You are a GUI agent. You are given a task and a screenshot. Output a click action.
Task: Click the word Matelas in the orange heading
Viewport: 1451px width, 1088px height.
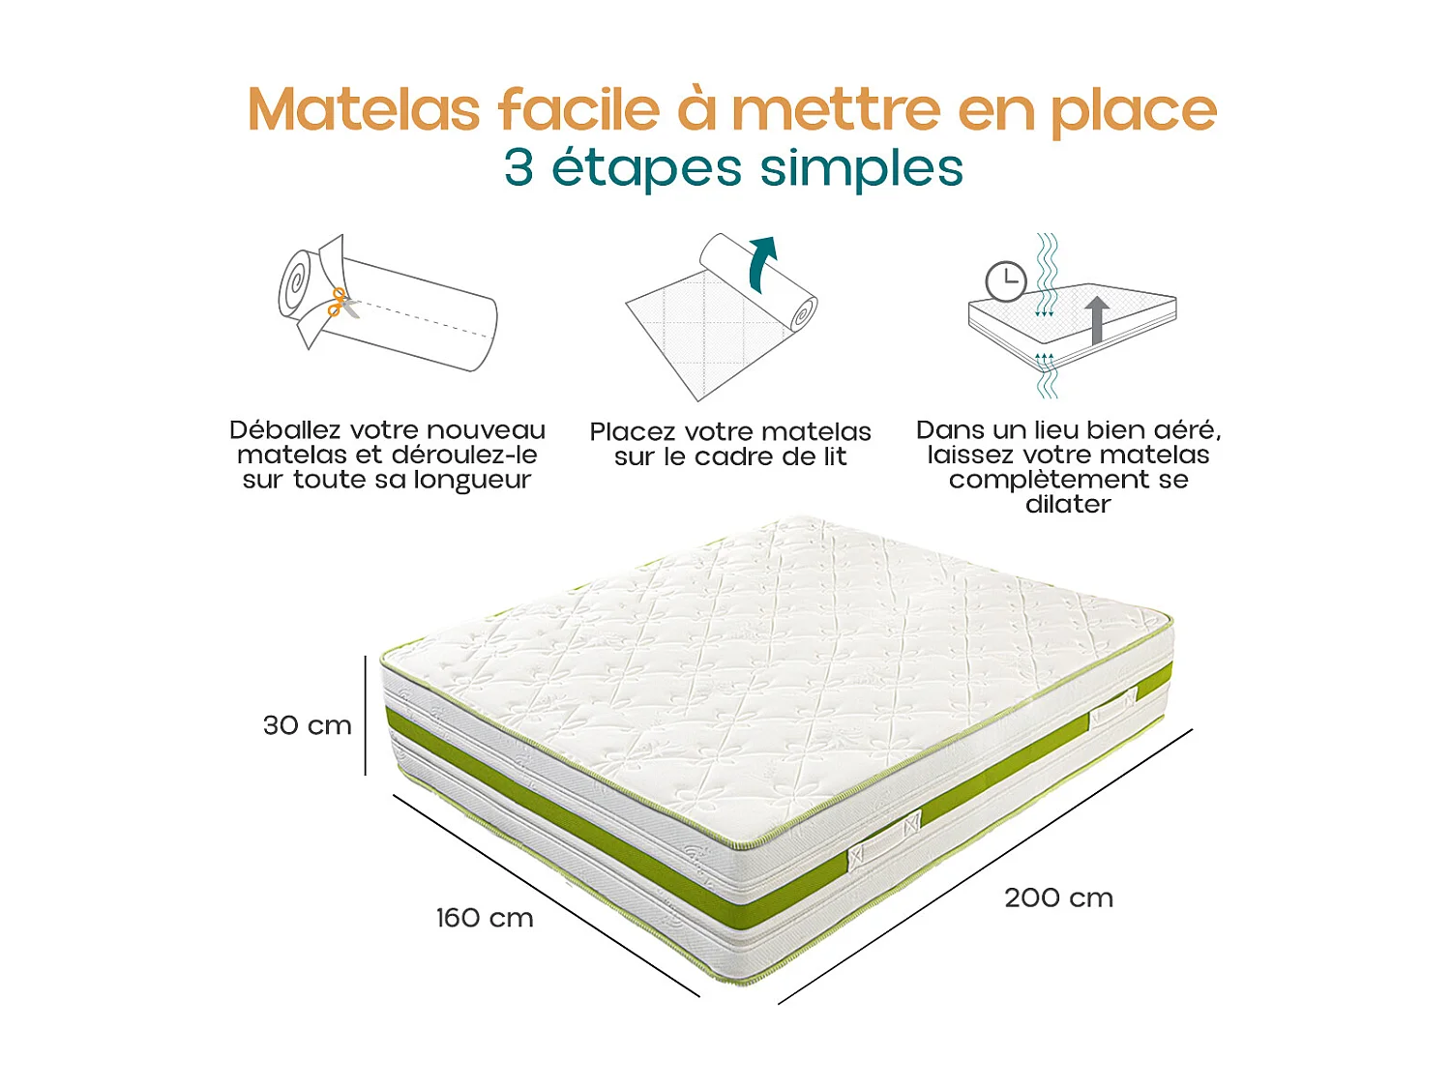pos(364,109)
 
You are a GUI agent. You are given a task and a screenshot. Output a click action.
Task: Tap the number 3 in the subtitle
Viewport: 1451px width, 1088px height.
pos(518,168)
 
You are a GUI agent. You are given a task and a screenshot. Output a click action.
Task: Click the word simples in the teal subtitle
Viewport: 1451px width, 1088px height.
pos(861,170)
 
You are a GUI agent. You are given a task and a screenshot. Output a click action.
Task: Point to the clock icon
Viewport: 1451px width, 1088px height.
pos(1006,281)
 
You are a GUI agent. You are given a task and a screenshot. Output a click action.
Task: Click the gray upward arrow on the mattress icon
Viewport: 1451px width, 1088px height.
pos(1096,320)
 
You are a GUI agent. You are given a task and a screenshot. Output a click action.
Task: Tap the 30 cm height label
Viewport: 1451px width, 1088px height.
pos(307,725)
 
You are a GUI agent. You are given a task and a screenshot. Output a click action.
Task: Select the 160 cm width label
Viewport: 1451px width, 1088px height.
pos(484,918)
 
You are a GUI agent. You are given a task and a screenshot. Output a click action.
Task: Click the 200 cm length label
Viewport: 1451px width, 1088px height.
pos(1058,897)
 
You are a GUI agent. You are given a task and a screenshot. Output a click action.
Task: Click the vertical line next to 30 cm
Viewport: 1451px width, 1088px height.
pos(366,716)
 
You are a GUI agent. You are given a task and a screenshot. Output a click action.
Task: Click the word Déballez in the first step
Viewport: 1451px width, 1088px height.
pos(284,430)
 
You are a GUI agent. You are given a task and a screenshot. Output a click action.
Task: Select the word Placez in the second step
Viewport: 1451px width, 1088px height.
pos(634,432)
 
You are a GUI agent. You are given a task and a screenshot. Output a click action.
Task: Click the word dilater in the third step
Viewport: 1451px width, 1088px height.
pos(1068,505)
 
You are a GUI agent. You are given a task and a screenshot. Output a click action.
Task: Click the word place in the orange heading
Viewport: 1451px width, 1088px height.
pos(1133,111)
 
